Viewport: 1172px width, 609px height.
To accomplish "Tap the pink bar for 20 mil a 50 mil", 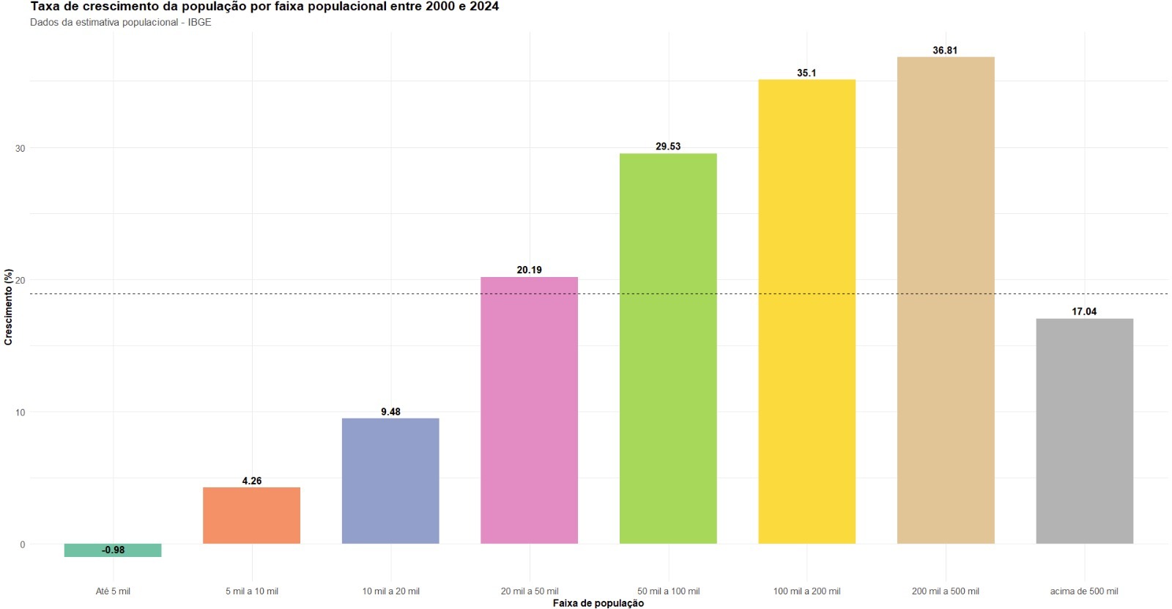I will pyautogui.click(x=529, y=410).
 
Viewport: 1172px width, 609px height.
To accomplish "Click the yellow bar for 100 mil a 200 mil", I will pyautogui.click(x=806, y=311).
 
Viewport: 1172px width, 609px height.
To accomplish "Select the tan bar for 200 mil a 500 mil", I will pyautogui.click(x=946, y=300).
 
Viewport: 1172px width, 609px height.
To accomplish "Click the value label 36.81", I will pyautogui.click(x=945, y=51).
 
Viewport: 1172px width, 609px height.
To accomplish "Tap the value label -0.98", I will pyautogui.click(x=113, y=550).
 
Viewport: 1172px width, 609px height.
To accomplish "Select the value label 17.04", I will pyautogui.click(x=1084, y=311).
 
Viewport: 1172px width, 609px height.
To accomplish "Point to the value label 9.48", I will pyautogui.click(x=390, y=412).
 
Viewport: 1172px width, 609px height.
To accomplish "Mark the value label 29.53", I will pyautogui.click(x=668, y=147).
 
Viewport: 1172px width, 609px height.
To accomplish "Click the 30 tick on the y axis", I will pyautogui.click(x=20, y=148).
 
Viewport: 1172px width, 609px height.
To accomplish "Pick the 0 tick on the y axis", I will pyautogui.click(x=22, y=545).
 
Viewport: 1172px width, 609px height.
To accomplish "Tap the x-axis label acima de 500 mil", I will pyautogui.click(x=1084, y=591).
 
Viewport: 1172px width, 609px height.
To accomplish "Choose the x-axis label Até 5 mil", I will pyautogui.click(x=113, y=591).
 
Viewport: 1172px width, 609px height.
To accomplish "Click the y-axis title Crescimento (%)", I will pyautogui.click(x=9, y=307).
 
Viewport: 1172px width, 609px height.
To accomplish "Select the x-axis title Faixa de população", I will pyautogui.click(x=598, y=603).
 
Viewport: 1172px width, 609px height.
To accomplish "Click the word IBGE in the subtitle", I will pyautogui.click(x=199, y=22).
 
